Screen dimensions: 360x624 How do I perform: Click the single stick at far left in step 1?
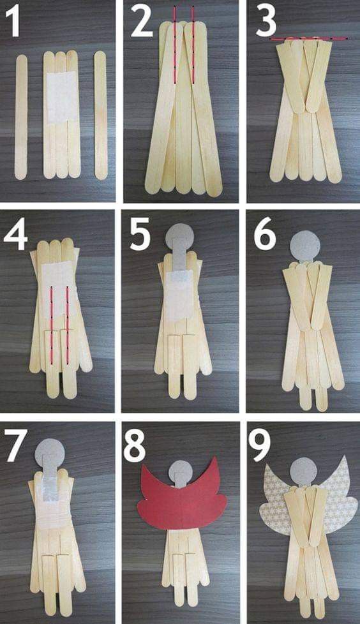pyautogui.click(x=21, y=117)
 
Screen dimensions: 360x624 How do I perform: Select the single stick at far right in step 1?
pyautogui.click(x=100, y=115)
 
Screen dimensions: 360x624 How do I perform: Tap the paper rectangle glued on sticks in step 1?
pyautogui.click(x=62, y=98)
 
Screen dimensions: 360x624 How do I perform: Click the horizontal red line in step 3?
pyautogui.click(x=309, y=39)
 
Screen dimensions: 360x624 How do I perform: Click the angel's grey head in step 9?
pyautogui.click(x=303, y=472)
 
